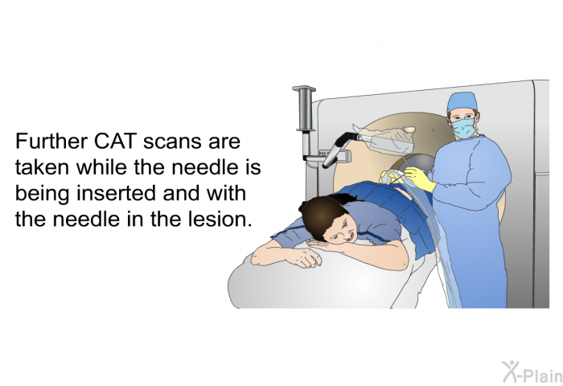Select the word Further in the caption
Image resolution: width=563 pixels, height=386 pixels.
point(51,141)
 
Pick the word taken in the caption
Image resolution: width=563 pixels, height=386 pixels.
point(42,167)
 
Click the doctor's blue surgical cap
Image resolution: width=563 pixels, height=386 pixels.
point(462,101)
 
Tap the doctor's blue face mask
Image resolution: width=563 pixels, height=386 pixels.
point(463,129)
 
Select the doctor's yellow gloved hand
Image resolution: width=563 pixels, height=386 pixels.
point(419,179)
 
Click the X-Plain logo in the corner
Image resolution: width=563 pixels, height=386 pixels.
point(532,372)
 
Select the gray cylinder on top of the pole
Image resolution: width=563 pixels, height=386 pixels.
point(304,108)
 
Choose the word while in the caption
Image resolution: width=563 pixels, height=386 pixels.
point(102,167)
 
